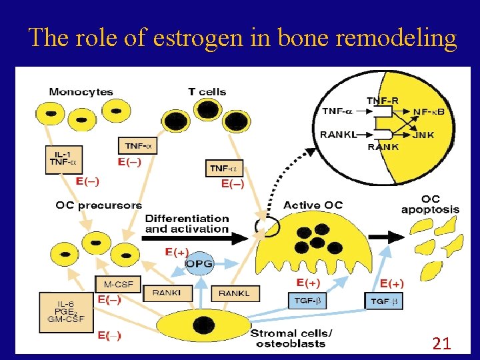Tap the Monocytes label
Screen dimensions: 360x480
click(x=81, y=91)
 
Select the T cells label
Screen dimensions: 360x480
click(x=207, y=91)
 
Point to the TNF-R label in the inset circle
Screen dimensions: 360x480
click(x=383, y=100)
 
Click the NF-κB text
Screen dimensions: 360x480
click(x=429, y=111)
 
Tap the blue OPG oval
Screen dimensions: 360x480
click(x=199, y=265)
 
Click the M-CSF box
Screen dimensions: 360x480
click(x=118, y=285)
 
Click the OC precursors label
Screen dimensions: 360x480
click(x=99, y=205)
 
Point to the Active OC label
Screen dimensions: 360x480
click(x=313, y=205)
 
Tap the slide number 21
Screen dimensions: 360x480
click(x=441, y=344)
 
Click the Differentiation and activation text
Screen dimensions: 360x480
click(x=187, y=223)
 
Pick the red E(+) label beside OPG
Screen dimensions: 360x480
click(x=177, y=252)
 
